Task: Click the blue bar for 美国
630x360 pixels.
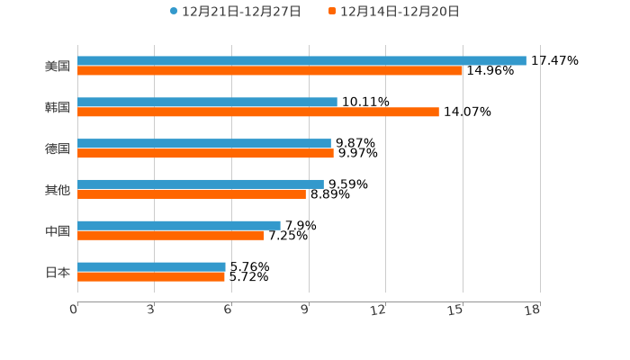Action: [301, 60]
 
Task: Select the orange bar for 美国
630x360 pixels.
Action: [270, 70]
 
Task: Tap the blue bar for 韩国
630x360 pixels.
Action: [207, 102]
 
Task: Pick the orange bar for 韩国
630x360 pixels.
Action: [258, 112]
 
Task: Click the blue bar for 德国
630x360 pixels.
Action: [204, 143]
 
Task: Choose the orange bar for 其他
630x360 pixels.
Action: [192, 194]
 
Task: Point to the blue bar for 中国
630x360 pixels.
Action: [179, 225]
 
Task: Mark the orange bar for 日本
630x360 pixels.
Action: [151, 276]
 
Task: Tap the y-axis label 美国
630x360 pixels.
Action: [58, 66]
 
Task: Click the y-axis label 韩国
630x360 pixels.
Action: [58, 107]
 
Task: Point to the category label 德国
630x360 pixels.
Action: [58, 148]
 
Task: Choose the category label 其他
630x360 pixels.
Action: [58, 189]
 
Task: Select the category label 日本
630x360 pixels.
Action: [58, 272]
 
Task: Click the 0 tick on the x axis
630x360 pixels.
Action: [74, 310]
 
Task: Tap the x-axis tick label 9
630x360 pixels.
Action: [305, 310]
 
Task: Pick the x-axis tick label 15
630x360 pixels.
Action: [456, 310]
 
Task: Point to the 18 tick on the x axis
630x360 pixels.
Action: [532, 310]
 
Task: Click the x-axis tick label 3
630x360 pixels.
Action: [151, 310]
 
